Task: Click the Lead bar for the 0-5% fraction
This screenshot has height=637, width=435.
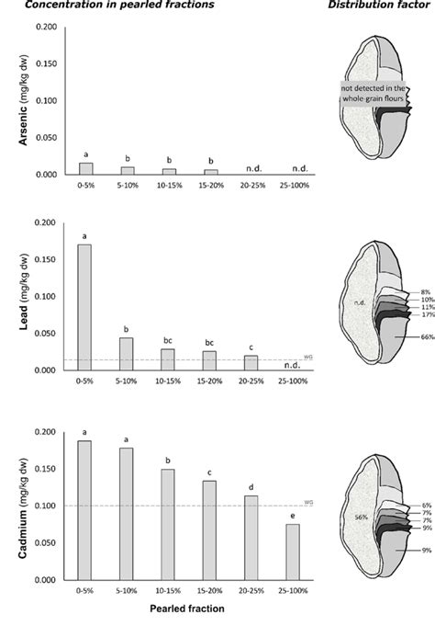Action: pos(85,307)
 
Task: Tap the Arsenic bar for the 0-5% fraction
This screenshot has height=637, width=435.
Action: pos(85,168)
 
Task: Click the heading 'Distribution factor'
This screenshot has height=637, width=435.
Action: pos(375,6)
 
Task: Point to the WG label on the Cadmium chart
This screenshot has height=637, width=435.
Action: pos(309,502)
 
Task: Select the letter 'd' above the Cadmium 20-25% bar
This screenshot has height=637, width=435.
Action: pos(251,487)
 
